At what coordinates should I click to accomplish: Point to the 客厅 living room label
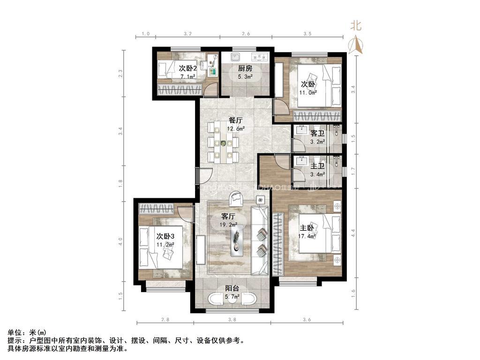[228, 217]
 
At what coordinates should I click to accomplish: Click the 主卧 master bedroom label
[307, 228]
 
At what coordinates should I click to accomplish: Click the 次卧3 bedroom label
[165, 236]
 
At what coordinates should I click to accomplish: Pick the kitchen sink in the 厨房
[235, 57]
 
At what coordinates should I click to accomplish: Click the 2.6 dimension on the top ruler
[246, 34]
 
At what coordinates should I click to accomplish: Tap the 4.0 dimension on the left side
[121, 242]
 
